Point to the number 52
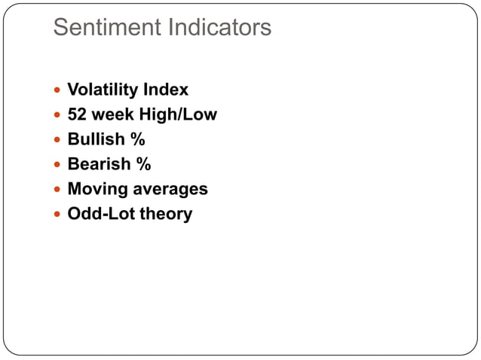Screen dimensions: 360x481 [x=77, y=114]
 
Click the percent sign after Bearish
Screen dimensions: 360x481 [x=143, y=164]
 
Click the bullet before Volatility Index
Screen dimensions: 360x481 [x=58, y=90]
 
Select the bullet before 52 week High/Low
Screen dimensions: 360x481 [x=58, y=115]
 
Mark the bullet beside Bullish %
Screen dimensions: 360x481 [x=58, y=140]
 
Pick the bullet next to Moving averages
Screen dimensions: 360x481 [x=58, y=190]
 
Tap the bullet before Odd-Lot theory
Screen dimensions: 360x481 [x=58, y=215]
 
